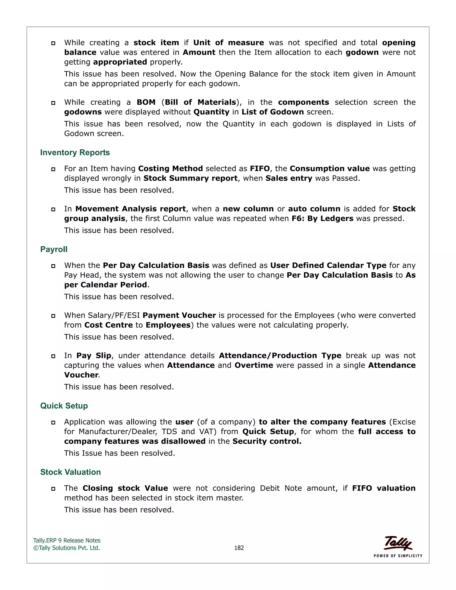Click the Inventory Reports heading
75,153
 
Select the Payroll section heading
54,249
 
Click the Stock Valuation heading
71,472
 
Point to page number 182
239,548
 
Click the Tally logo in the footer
398,543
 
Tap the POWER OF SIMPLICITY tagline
398,556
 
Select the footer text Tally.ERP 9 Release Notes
67,541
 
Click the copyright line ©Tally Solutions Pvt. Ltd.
66,548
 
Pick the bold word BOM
146,102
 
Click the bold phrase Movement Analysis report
130,209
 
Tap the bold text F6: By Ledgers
322,219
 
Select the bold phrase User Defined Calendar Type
328,266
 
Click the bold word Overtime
254,365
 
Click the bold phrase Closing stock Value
125,488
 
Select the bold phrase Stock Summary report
190,178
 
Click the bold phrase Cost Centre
109,325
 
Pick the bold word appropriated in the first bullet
120,62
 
